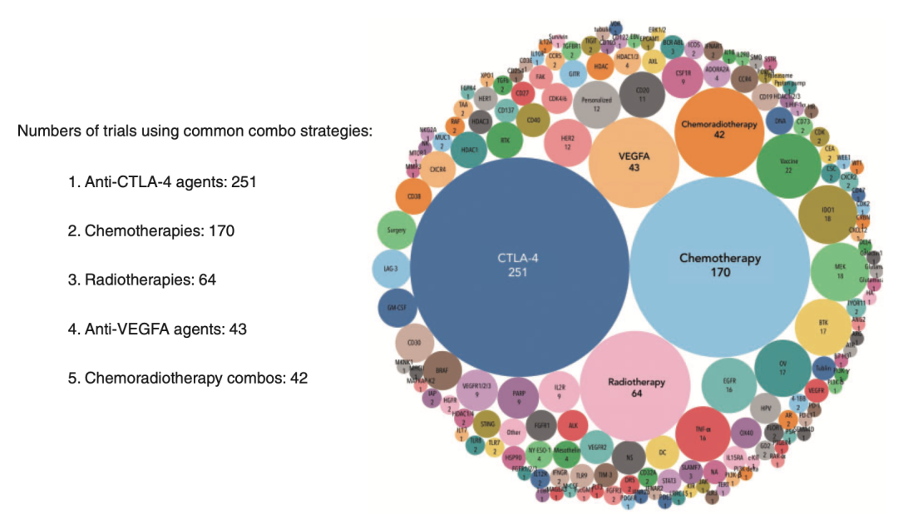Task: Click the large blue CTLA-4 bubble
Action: [519, 265]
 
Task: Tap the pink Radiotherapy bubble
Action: [636, 387]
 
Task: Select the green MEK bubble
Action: [839, 271]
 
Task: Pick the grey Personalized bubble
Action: [603, 104]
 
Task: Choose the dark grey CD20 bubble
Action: [642, 95]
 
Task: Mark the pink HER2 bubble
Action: [569, 142]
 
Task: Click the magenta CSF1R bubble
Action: [683, 77]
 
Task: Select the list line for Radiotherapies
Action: [142, 280]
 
